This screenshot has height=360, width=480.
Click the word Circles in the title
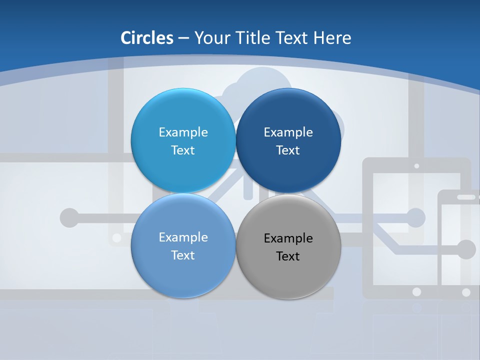point(147,38)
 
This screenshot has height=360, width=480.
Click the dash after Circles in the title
point(183,38)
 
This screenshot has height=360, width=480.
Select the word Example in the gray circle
point(288,238)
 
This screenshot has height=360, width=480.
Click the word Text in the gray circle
point(288,256)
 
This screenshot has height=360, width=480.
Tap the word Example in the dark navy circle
point(288,132)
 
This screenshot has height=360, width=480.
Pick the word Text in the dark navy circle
point(288,150)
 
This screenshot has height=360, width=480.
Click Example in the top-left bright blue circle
point(183,132)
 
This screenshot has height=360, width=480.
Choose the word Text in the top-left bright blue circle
point(183,150)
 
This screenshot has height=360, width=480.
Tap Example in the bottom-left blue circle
point(183,237)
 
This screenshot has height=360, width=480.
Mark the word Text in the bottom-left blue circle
point(183,255)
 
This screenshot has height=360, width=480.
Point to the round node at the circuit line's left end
point(69,218)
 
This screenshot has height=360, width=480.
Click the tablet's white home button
point(416,291)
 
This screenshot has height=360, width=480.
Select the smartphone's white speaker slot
point(466,197)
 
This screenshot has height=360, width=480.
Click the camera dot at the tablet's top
point(416,165)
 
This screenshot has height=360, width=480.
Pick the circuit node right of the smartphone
point(466,249)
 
